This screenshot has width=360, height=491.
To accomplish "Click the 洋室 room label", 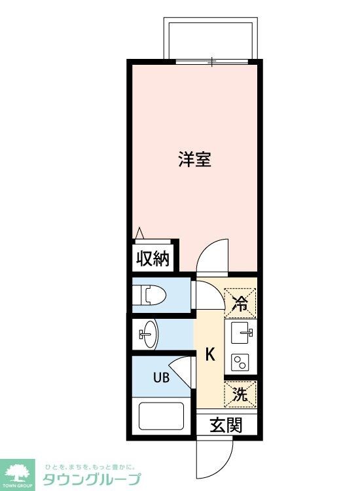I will (x=195, y=159).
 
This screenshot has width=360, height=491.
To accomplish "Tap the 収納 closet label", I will (x=153, y=259).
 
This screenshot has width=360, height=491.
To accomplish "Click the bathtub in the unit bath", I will (x=162, y=415).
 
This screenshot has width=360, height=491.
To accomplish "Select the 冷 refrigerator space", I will (x=241, y=303).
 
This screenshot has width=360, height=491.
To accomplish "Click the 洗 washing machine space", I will (x=241, y=395).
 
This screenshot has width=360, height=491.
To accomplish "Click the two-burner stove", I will (x=240, y=361).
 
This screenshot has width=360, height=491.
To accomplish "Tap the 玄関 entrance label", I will (x=226, y=425).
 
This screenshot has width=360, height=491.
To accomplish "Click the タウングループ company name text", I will (x=92, y=479).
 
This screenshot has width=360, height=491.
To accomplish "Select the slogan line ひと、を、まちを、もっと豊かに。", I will (x=90, y=466).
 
